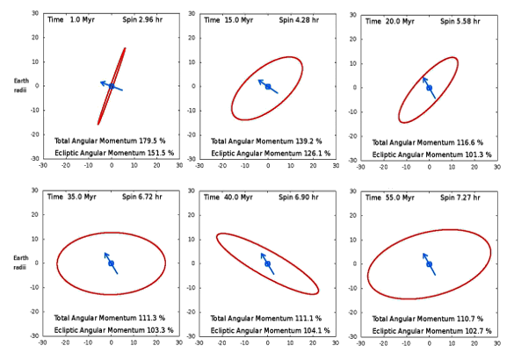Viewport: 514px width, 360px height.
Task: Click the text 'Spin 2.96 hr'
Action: (x=150, y=18)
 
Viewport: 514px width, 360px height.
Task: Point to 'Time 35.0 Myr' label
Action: (x=71, y=196)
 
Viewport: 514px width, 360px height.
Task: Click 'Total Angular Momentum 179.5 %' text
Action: (x=109, y=140)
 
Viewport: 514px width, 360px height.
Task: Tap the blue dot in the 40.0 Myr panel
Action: (x=267, y=263)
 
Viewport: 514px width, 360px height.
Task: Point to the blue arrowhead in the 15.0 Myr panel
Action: (x=260, y=79)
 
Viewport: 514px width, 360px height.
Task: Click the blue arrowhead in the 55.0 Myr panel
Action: (x=424, y=255)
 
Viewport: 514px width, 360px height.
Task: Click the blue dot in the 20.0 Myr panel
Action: (x=429, y=87)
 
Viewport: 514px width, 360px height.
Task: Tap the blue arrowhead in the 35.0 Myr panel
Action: (x=105, y=255)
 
